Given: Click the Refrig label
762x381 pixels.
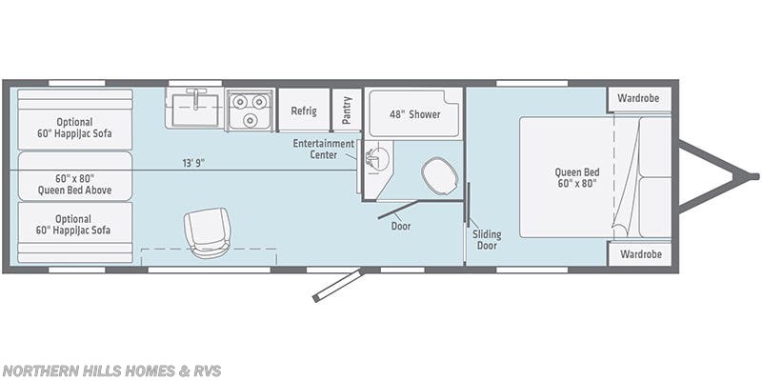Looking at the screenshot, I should (x=303, y=110).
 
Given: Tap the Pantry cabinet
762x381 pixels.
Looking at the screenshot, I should (x=347, y=110).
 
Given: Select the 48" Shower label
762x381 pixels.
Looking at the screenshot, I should (x=411, y=114).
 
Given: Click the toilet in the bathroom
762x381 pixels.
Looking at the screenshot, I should (x=437, y=175).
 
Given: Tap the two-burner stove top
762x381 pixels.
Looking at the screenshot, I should (x=250, y=110).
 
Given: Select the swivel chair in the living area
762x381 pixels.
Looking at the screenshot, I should (x=208, y=231).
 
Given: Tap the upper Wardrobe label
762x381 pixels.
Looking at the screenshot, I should (x=638, y=98).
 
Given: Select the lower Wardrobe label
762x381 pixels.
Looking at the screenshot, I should (x=638, y=254).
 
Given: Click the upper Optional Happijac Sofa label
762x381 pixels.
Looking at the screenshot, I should (x=74, y=128).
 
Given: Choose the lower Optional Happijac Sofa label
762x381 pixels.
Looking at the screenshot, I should (x=74, y=225).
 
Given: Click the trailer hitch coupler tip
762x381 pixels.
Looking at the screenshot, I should (x=753, y=176).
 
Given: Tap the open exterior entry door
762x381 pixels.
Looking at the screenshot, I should (x=338, y=285).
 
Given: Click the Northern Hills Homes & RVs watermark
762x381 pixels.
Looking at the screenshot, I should (x=110, y=371).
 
